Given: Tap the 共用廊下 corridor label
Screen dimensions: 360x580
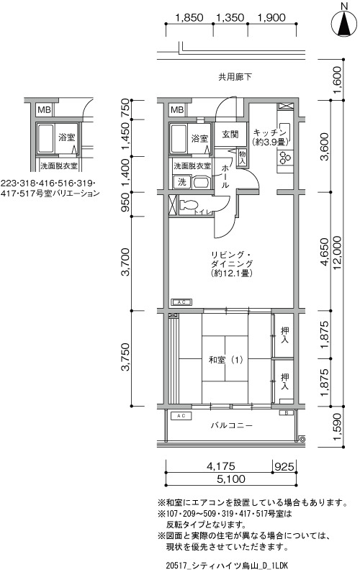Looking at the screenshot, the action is (x=235, y=77).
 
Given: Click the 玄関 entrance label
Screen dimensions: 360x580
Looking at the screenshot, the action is (x=230, y=135).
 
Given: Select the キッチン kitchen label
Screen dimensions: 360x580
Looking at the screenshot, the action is (x=270, y=133).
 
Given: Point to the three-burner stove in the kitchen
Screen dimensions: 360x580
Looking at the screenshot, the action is (x=285, y=158).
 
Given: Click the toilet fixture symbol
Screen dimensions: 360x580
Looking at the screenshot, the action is (x=189, y=206).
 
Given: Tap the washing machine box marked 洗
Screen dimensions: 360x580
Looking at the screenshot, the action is (x=182, y=182).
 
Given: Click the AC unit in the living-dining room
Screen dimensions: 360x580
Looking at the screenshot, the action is (x=181, y=302).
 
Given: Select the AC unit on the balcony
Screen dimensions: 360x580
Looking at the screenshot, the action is (x=181, y=416).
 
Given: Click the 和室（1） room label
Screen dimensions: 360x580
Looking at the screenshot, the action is (x=225, y=360).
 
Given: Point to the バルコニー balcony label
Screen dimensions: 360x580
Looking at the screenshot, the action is (x=232, y=425).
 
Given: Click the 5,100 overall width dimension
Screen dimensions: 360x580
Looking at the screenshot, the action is (x=231, y=479).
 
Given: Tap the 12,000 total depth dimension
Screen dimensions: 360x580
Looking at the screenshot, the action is (x=338, y=253).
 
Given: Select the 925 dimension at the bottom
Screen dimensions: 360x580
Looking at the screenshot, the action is (x=284, y=466).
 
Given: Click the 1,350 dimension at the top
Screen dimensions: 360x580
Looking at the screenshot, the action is (x=230, y=17).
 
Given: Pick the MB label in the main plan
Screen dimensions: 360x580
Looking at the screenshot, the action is (x=177, y=110).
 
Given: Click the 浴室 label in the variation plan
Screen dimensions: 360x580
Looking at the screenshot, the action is (x=66, y=137).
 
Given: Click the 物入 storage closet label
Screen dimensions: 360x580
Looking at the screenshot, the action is (x=243, y=157).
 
